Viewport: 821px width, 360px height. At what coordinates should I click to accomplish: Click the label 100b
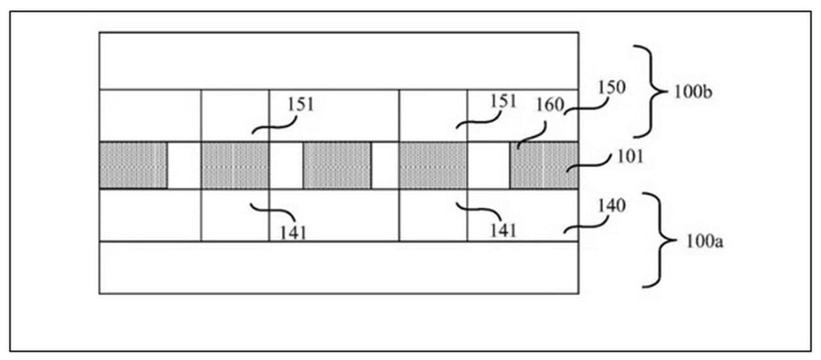(693, 91)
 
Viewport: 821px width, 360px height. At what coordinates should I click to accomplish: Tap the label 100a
(696, 242)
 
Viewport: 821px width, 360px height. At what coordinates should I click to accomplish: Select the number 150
(611, 88)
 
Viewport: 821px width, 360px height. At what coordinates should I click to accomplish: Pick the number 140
(610, 207)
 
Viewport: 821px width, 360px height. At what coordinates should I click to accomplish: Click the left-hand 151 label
(301, 104)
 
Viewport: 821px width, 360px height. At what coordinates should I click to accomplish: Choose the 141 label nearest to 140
(502, 229)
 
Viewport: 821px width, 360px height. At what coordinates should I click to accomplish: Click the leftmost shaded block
(133, 165)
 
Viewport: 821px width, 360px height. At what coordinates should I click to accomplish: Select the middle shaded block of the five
(337, 165)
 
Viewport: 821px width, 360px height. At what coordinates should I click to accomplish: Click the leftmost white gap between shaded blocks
(184, 165)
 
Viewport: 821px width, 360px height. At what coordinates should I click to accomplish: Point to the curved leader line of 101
(585, 164)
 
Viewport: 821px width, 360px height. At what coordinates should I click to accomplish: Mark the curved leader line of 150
(580, 106)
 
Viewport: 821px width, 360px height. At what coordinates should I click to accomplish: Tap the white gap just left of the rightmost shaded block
(488, 165)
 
